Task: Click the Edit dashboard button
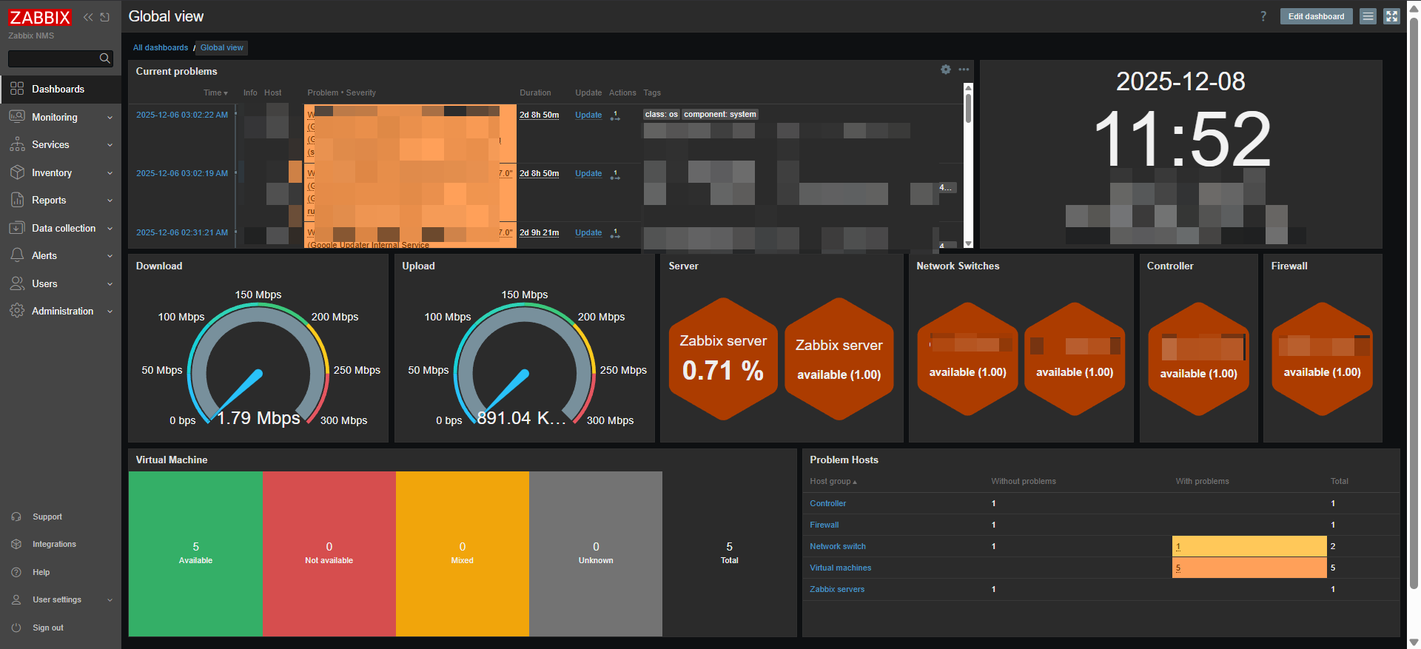[x=1315, y=16]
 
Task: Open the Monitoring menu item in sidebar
[x=54, y=117]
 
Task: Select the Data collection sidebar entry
[x=63, y=228]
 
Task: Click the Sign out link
[x=47, y=628]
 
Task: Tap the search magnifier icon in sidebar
[x=104, y=58]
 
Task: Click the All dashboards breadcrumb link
[x=161, y=47]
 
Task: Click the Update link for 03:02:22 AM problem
[x=588, y=115]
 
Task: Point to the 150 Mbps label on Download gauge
[x=258, y=295]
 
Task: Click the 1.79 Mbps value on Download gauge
[x=258, y=418]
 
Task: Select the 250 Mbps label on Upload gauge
[x=623, y=370]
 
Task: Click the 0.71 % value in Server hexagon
[x=722, y=370]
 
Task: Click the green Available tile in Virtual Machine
[x=195, y=554]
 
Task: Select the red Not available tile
[x=329, y=554]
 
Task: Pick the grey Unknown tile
[x=595, y=554]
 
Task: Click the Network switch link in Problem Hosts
[x=837, y=546]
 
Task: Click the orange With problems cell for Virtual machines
[x=1249, y=568]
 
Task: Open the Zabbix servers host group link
[x=836, y=589]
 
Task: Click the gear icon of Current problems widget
[x=945, y=70]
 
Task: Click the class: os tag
[x=661, y=114]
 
